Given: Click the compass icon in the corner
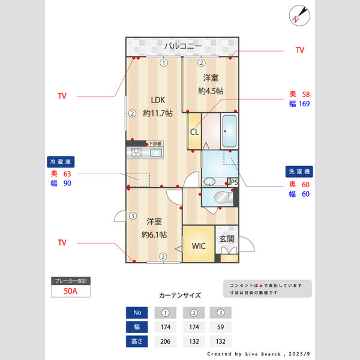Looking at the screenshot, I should (298, 14).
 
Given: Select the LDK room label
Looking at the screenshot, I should (157, 100).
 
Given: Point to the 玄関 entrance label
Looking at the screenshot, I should (227, 239).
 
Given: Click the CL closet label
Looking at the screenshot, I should (194, 133).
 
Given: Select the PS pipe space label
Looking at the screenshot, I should (234, 182).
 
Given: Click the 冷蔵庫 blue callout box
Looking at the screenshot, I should (61, 162).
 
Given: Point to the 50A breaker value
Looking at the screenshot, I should (71, 292).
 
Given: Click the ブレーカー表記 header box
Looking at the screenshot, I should (71, 281).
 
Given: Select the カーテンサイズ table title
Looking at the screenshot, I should (180, 295).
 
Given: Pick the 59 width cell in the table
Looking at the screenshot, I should (220, 327).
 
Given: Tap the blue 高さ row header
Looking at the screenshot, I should (137, 341).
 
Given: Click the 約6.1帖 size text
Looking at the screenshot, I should (154, 235).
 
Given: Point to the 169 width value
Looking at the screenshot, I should (304, 104).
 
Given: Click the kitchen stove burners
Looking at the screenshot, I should (137, 153).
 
